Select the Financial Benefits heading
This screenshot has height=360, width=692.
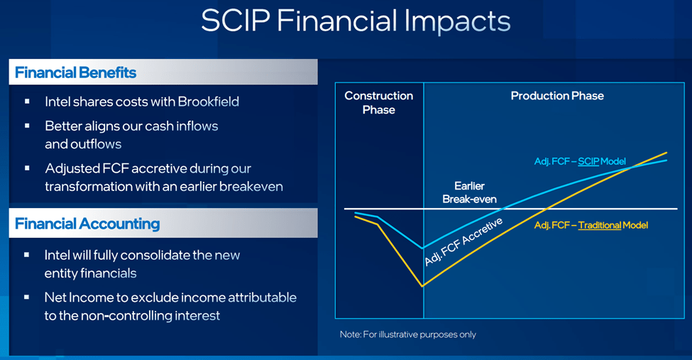point(75,72)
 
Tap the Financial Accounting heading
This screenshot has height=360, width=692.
point(87,224)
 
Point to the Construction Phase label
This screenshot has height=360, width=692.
point(378,102)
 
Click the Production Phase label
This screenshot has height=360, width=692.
point(557,96)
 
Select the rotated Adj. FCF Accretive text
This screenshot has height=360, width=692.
point(463,242)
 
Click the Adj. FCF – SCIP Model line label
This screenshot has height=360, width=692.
point(580,162)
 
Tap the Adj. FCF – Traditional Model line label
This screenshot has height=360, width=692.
point(591,225)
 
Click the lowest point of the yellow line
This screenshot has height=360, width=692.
point(424,286)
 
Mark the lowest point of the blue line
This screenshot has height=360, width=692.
point(424,249)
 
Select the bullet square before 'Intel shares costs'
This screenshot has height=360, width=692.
point(27,102)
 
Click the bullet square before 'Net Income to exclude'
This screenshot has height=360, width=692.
point(27,296)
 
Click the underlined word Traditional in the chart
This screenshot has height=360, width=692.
point(600,225)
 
